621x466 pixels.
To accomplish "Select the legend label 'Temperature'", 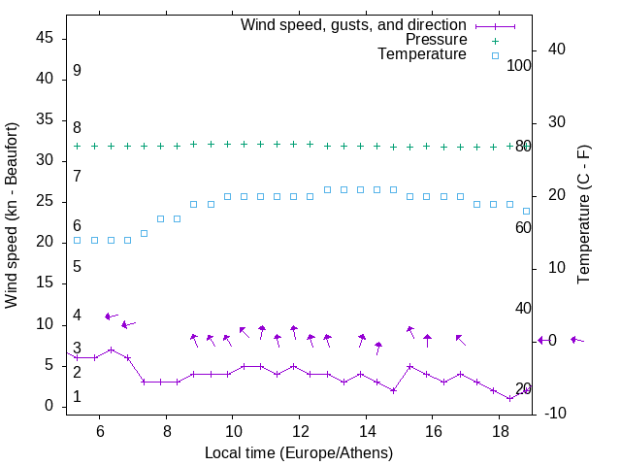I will [x=422, y=55].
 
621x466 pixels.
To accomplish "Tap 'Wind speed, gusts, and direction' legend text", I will [x=354, y=24].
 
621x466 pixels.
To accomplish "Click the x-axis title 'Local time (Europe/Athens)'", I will [x=299, y=453].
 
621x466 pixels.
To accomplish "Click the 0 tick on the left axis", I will [x=48, y=406].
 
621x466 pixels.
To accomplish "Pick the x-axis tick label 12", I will [x=300, y=430].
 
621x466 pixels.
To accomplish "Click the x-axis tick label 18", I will [x=500, y=430].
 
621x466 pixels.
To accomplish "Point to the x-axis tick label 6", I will [x=100, y=430].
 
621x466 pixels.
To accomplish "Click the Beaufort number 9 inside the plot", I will [x=77, y=71].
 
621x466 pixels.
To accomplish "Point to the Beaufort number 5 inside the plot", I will [x=77, y=266].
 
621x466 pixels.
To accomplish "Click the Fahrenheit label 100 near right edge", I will [x=519, y=65].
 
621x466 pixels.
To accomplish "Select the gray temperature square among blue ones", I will [x=144, y=233].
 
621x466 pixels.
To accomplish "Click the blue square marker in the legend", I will [x=495, y=55].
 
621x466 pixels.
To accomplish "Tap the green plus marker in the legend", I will [x=495, y=40].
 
